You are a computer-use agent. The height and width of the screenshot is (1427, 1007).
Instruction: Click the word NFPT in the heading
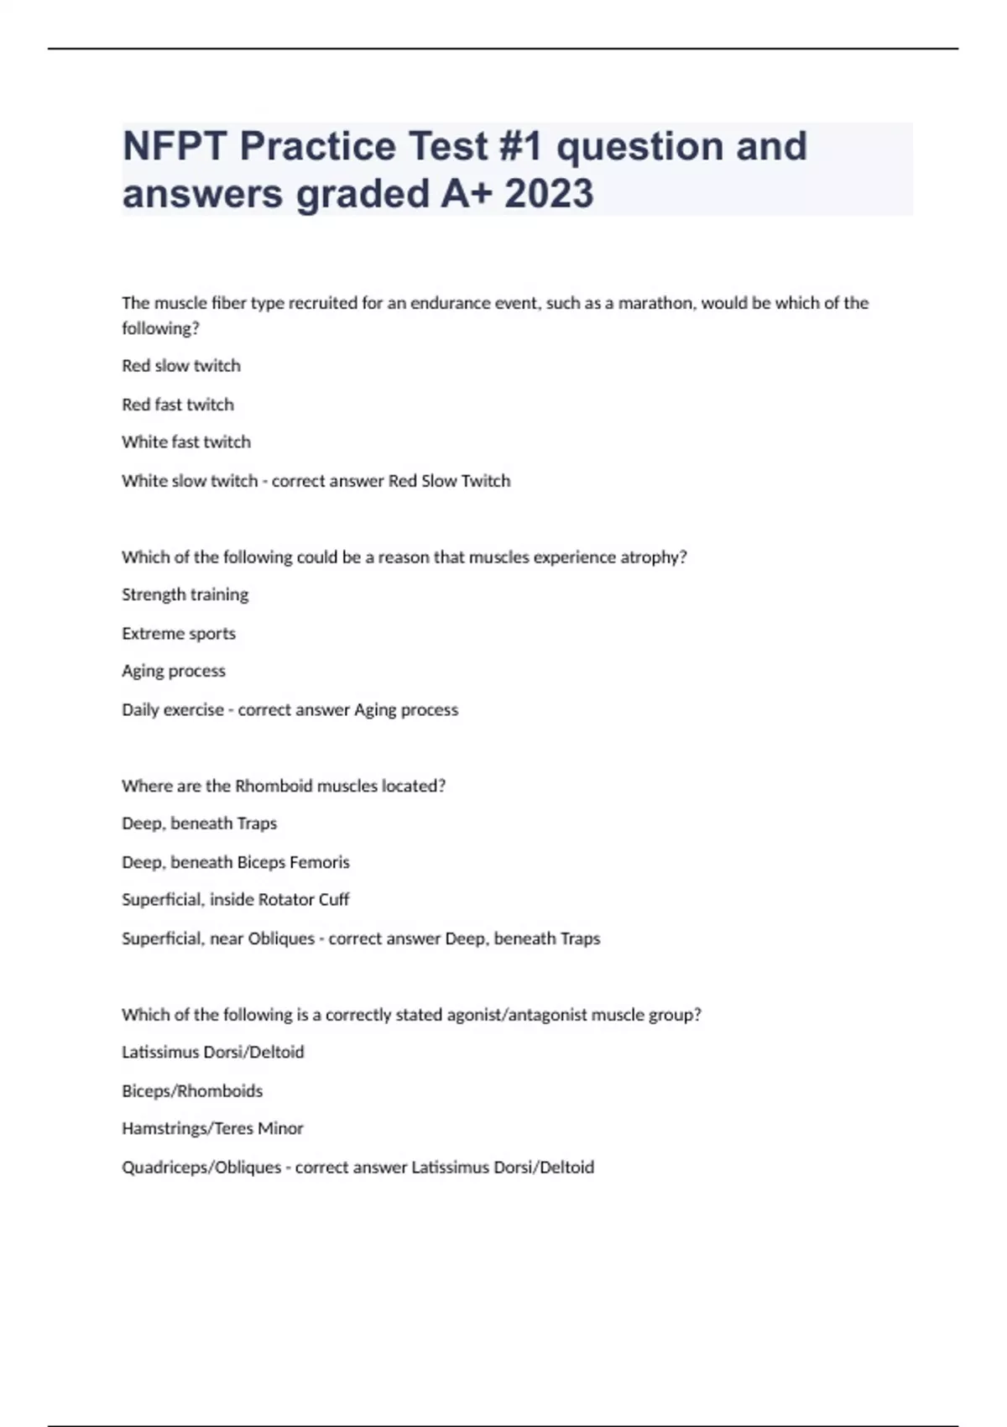[175, 146]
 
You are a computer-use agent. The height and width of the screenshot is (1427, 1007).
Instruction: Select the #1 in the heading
[520, 146]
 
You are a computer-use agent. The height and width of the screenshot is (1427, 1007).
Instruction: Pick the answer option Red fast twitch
[178, 405]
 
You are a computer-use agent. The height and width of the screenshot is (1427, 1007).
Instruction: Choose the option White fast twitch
[186, 442]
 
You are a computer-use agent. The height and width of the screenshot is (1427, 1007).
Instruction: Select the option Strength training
[185, 595]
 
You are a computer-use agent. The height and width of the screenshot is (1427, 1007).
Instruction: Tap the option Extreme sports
[179, 634]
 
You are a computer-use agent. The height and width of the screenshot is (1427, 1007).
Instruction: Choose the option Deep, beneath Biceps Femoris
[236, 862]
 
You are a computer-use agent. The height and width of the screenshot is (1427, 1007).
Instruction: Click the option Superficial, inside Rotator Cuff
[236, 900]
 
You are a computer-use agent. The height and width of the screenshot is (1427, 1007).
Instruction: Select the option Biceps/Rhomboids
[192, 1091]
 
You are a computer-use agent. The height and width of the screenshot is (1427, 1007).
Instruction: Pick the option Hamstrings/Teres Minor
[212, 1129]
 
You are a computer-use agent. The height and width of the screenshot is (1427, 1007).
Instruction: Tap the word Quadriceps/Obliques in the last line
[201, 1168]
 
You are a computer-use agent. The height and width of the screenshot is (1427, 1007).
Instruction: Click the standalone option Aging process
[174, 672]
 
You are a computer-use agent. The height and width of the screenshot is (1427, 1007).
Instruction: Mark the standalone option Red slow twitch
[181, 366]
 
